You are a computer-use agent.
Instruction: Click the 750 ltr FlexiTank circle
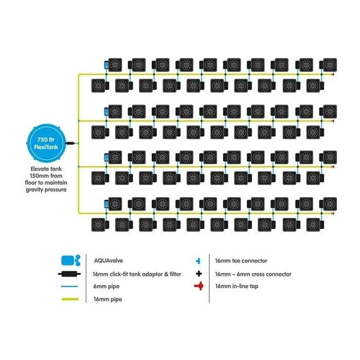click(46, 143)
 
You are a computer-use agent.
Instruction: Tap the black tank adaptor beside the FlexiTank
click(70, 143)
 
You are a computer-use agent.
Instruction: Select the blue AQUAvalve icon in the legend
click(71, 260)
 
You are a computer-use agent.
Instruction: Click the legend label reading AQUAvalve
click(109, 261)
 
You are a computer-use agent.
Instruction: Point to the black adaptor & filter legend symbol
click(69, 274)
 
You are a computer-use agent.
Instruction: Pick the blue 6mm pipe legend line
click(69, 286)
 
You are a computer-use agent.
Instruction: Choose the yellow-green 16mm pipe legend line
click(70, 299)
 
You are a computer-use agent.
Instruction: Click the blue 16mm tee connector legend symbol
click(198, 261)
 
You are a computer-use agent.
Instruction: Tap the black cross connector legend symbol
click(199, 274)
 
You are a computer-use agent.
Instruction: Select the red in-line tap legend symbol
click(199, 286)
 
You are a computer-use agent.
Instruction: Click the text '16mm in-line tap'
click(237, 286)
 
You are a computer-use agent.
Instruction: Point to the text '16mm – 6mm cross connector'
click(253, 274)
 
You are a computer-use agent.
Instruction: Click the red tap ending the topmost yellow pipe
click(333, 75)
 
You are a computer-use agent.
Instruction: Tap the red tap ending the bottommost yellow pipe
click(333, 213)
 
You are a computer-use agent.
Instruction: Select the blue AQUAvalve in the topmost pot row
click(106, 65)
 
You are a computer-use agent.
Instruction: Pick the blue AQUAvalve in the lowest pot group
click(106, 204)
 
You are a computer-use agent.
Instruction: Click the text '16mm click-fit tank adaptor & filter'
click(137, 274)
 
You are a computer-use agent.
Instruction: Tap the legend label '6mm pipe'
click(106, 286)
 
